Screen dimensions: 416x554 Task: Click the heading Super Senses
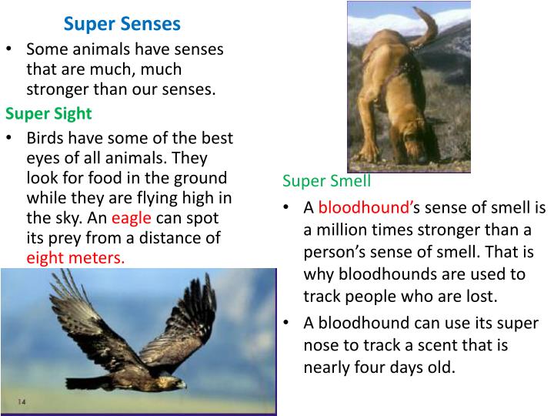coord(122,24)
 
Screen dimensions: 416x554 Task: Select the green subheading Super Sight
coord(48,114)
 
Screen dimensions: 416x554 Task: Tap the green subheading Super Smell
coord(326,182)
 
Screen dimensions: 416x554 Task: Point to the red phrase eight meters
coord(75,258)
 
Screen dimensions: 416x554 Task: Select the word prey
coord(68,238)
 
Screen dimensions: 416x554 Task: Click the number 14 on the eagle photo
coord(22,401)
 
